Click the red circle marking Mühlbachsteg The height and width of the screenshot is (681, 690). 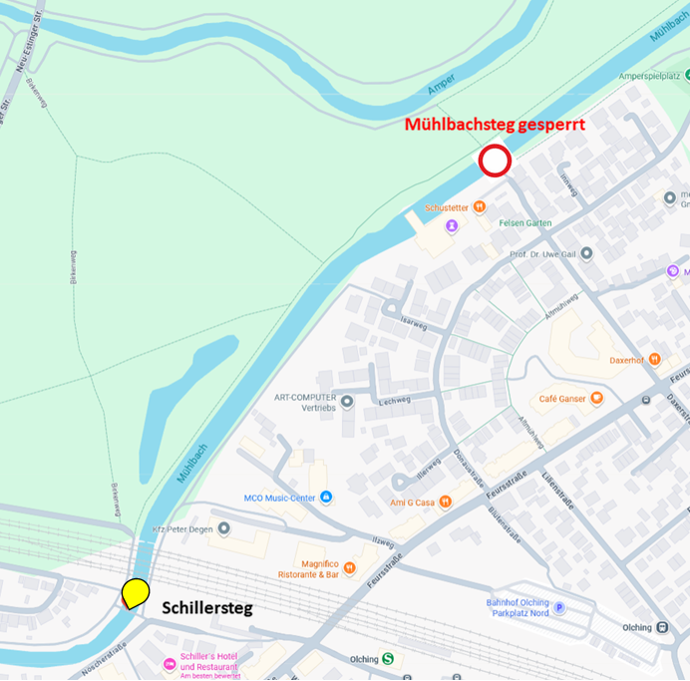(496, 162)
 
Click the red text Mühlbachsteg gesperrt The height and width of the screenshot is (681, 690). (494, 126)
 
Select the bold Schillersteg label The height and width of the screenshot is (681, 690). (207, 607)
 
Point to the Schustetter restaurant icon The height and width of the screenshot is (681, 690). (480, 207)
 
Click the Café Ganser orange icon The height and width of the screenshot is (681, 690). (596, 399)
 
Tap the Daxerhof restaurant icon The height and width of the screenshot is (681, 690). (654, 359)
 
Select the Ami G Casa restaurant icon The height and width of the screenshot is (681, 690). (446, 502)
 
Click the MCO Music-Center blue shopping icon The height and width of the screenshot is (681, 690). (326, 497)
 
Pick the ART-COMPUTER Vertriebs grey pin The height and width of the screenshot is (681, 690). (347, 402)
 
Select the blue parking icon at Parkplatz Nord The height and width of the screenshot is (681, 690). (558, 608)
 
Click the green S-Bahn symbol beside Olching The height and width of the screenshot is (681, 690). (388, 658)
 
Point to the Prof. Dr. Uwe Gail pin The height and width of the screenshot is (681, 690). (586, 253)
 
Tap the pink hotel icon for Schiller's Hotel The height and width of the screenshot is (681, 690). (170, 664)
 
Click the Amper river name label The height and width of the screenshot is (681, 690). (441, 89)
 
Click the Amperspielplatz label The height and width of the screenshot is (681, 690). (649, 76)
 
